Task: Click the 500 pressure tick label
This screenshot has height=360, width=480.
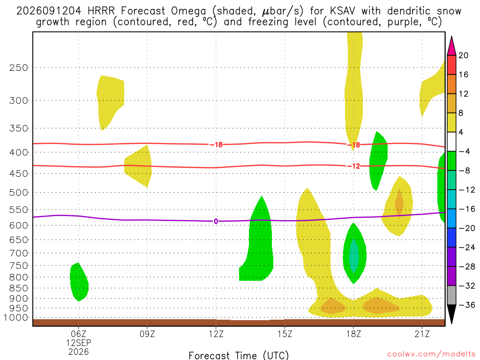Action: (19, 193)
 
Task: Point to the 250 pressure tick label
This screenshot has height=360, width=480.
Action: (19, 67)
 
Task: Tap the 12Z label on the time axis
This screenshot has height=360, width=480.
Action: (216, 334)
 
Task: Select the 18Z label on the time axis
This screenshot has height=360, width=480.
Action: (353, 334)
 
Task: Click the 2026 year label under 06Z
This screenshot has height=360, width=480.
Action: (79, 352)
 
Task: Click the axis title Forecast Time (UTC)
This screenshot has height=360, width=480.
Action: (239, 355)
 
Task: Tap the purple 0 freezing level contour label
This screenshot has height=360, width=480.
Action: (216, 221)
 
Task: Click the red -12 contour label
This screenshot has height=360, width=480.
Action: (353, 166)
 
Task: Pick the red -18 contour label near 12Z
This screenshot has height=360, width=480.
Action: (216, 144)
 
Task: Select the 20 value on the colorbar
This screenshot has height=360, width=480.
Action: (464, 55)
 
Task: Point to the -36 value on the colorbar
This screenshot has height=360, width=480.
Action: (467, 305)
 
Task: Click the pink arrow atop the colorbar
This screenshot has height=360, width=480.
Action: (451, 45)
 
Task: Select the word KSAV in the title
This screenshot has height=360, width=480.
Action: (343, 11)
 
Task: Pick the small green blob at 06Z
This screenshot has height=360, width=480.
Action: (79, 282)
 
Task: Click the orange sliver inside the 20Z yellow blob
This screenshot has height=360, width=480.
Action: (399, 202)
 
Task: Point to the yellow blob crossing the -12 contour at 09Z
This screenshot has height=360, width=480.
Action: (138, 166)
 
